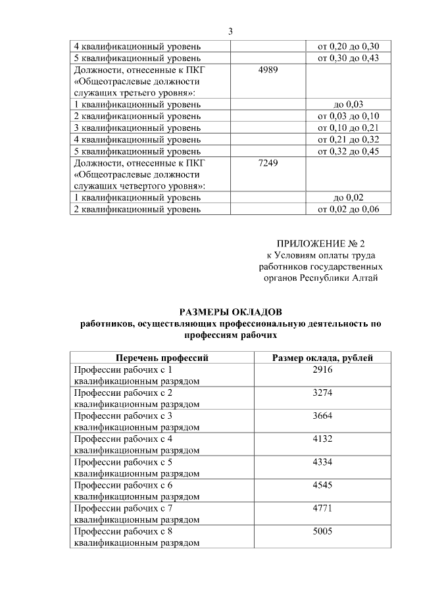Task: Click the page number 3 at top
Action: pyautogui.click(x=231, y=32)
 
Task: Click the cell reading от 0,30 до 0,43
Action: pyautogui.click(x=349, y=58)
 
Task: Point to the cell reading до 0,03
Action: pyautogui.click(x=349, y=105)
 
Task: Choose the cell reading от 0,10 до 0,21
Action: pyautogui.click(x=349, y=128)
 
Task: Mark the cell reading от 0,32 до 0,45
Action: pyautogui.click(x=349, y=152)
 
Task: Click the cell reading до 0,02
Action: pyautogui.click(x=349, y=198)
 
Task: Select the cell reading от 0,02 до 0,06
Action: pyautogui.click(x=349, y=210)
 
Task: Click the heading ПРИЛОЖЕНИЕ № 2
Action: pyautogui.click(x=321, y=243)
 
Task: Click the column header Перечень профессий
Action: pyautogui.click(x=162, y=358)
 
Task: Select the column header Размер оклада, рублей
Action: pyautogui.click(x=323, y=358)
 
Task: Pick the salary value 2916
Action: pyautogui.click(x=323, y=370)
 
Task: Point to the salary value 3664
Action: pyautogui.click(x=323, y=416)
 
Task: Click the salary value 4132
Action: pyautogui.click(x=323, y=439)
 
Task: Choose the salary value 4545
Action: pyautogui.click(x=323, y=485)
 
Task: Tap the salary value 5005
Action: pyautogui.click(x=323, y=531)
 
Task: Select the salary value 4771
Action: pyautogui.click(x=323, y=508)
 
